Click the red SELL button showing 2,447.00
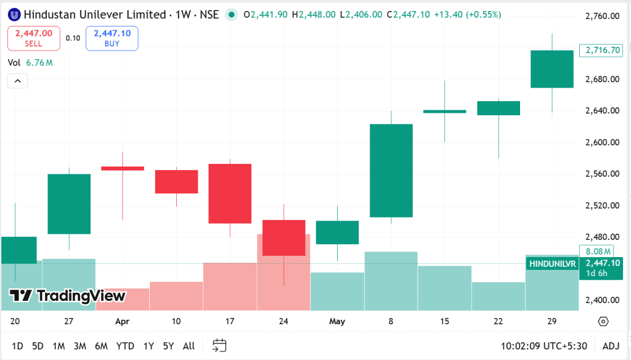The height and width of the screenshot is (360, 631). click(34, 38)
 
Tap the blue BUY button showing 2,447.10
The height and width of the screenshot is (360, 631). click(112, 38)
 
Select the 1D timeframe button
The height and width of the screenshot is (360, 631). click(17, 346)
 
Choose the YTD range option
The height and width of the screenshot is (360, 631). click(125, 346)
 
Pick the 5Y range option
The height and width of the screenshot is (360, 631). click(168, 346)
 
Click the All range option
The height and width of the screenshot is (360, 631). click(189, 346)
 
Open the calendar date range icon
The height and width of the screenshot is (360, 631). click(219, 346)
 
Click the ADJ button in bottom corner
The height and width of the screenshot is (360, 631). click(611, 346)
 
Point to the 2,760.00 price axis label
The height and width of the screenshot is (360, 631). click(602, 16)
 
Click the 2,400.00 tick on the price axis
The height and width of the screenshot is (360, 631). click(602, 300)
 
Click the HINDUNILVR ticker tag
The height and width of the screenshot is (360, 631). click(552, 263)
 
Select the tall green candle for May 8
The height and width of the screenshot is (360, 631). click(391, 171)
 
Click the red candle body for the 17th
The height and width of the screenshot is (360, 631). click(230, 194)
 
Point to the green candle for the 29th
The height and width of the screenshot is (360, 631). click(552, 69)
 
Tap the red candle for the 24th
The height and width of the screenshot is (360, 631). click(284, 237)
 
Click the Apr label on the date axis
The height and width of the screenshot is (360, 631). click(122, 321)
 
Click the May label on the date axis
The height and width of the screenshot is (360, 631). click(337, 321)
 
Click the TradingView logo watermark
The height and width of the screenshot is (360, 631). click(68, 296)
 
